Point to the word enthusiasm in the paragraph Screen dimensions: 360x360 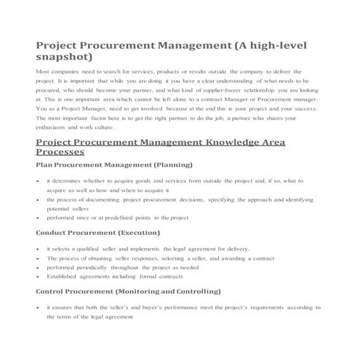[52, 126]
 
